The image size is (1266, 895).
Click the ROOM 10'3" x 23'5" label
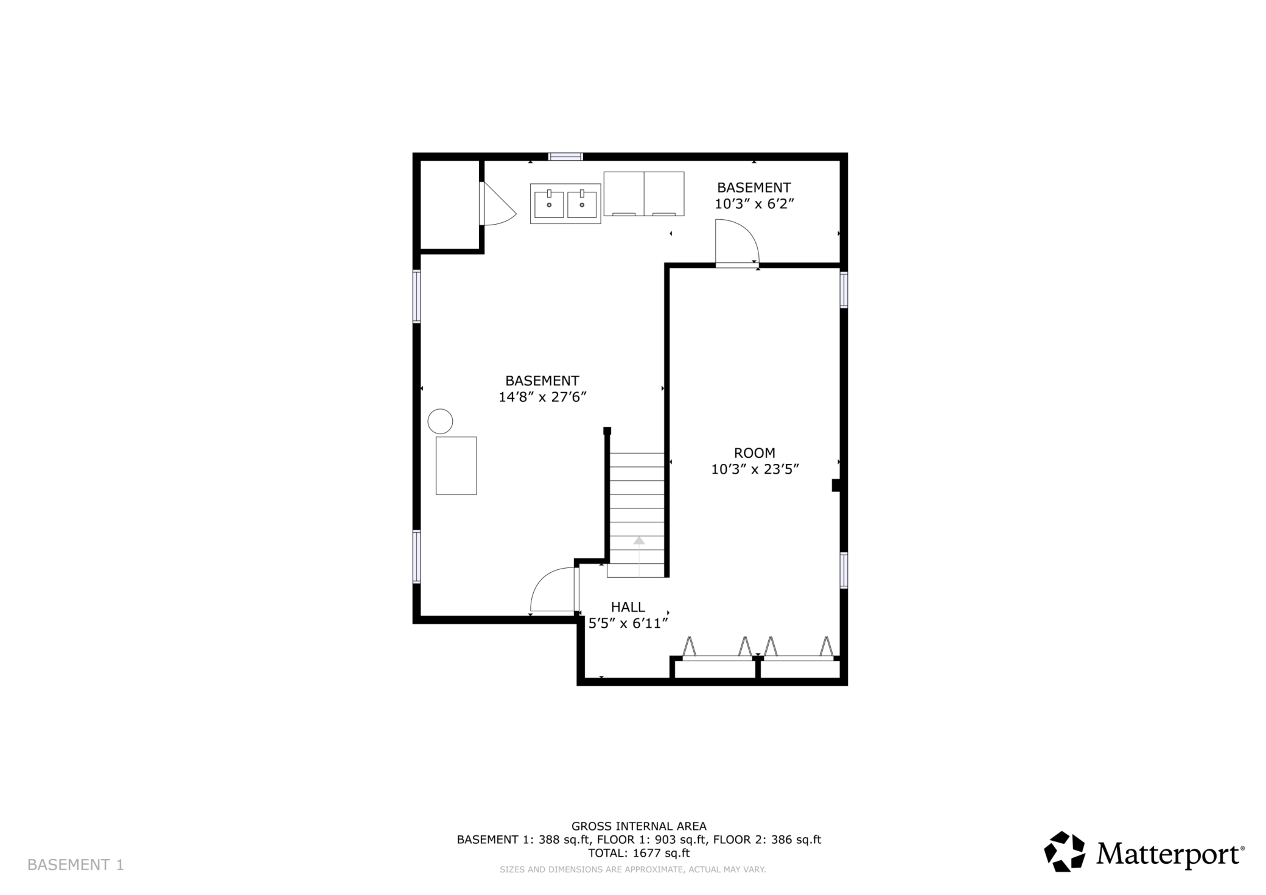[x=755, y=461]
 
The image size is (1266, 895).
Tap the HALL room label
[x=628, y=607]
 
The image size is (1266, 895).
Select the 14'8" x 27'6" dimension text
[x=542, y=397]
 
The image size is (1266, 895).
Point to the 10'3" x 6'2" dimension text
[x=754, y=204]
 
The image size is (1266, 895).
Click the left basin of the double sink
[x=549, y=204]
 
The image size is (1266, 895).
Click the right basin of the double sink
[x=582, y=204]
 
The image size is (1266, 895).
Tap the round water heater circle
[x=440, y=421]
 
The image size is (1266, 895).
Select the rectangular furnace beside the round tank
[x=456, y=466]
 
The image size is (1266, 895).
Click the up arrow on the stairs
[x=639, y=541]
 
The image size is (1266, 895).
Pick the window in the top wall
[x=565, y=156]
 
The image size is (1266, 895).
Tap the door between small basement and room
[x=737, y=244]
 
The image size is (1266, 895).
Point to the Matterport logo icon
[x=1065, y=851]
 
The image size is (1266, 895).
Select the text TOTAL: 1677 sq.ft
[x=639, y=853]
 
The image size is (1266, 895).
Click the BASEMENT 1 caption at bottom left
[x=75, y=865]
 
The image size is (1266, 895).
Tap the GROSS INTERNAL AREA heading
[x=639, y=826]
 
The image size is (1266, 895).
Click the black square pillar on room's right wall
[x=836, y=485]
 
